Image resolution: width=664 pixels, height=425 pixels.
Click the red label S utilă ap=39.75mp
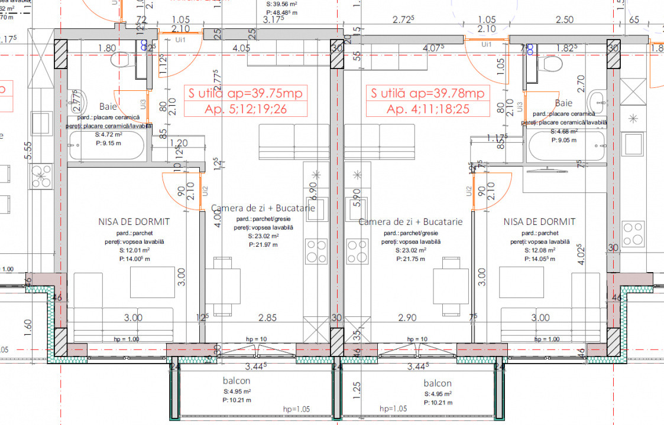pos(245,93)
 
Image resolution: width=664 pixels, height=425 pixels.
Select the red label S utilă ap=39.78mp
pos(427,93)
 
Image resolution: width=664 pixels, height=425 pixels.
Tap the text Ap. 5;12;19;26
pos(245,109)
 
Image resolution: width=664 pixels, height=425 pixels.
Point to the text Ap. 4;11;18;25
pos(427,109)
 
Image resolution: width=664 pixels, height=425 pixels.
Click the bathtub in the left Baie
pos(107,146)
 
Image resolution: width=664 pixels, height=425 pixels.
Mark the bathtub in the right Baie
pos(566,146)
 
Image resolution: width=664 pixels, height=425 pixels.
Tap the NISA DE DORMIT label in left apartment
pos(134,222)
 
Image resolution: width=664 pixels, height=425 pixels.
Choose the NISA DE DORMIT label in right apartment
pos(539,222)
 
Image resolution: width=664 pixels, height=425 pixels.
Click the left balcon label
pos(237,381)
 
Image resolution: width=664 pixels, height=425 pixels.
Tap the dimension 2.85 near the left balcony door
pos(268,318)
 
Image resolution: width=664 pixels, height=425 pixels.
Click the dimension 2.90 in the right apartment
pos(407,318)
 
